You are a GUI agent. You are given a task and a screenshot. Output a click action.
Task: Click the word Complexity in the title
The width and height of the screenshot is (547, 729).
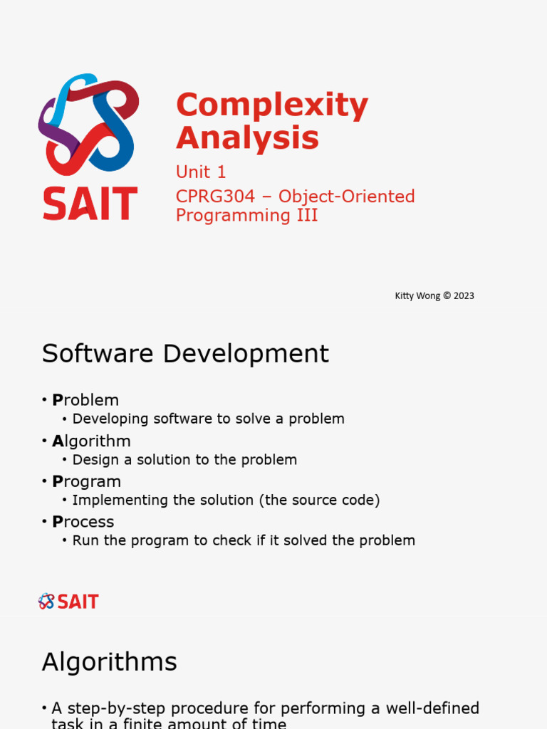pos(272,106)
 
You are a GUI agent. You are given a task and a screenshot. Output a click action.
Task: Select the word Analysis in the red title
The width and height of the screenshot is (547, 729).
pos(247,137)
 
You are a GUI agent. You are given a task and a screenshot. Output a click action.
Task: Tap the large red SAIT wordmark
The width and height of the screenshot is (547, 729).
pos(90,203)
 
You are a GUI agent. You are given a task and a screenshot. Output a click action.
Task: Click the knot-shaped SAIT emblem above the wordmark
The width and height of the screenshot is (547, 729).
pos(88,125)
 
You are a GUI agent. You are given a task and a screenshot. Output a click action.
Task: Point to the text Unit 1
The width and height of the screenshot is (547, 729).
pos(201,172)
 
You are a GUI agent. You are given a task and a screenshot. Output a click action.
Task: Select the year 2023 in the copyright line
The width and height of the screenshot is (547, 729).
pos(463,295)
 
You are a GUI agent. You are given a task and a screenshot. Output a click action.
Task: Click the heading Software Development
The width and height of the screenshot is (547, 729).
pos(185,354)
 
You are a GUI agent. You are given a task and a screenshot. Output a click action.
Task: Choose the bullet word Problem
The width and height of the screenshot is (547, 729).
pos(85,400)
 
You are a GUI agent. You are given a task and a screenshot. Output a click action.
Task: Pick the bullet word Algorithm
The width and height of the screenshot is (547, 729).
pos(91,441)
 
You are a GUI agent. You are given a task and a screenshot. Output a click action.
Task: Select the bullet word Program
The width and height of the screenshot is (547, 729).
pos(86,482)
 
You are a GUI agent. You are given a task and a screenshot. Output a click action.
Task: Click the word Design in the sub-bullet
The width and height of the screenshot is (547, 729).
pos(95,460)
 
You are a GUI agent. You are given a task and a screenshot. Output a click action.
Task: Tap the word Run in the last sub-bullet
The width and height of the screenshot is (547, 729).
pos(84,541)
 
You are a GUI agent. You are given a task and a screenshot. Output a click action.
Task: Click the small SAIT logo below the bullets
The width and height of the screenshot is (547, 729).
pos(68,602)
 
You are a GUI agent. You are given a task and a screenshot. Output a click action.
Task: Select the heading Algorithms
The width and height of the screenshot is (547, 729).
pos(109,662)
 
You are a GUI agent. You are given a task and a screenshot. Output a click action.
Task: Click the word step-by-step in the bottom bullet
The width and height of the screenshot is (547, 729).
pos(120,708)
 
